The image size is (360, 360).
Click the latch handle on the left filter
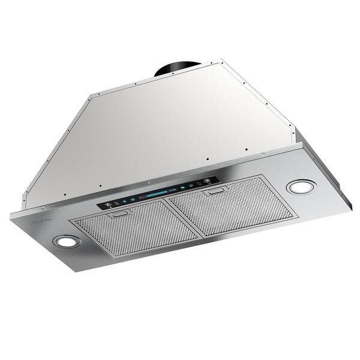click(120, 213)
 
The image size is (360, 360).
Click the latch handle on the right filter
click(214, 192)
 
